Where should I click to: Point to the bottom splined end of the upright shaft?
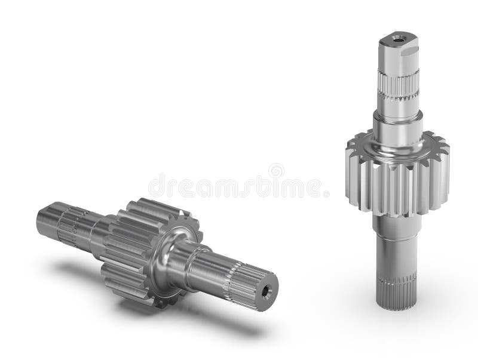pos(396,293)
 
